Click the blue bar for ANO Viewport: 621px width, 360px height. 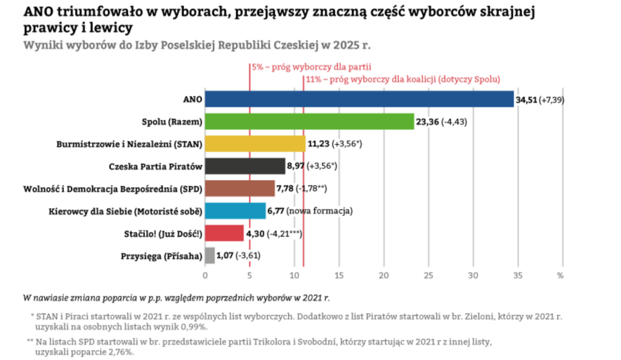pyautogui.click(x=359, y=99)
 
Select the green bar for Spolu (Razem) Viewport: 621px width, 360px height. pyautogui.click(x=309, y=121)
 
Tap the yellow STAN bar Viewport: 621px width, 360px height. pyautogui.click(x=255, y=144)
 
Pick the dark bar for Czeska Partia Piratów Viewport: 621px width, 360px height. pyautogui.click(x=245, y=166)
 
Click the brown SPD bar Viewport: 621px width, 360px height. pyautogui.click(x=240, y=188)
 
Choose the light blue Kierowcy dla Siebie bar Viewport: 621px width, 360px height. pyautogui.click(x=235, y=211)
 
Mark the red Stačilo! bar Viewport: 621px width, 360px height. pyautogui.click(x=224, y=233)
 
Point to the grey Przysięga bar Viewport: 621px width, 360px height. pyautogui.click(x=210, y=256)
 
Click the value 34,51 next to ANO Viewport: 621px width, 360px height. pyautogui.click(x=526, y=99)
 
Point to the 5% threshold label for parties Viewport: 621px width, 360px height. pyautogui.click(x=311, y=67)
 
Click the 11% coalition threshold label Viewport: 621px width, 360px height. pyautogui.click(x=403, y=79)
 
